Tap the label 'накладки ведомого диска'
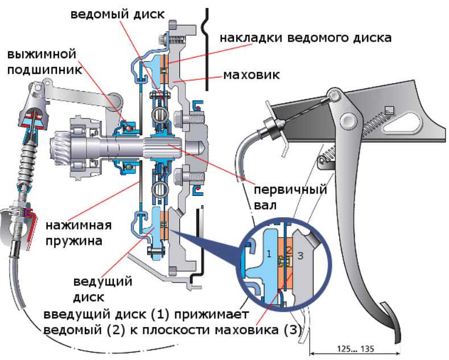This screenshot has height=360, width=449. coord(306,38)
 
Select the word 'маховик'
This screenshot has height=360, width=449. coord(251,75)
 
